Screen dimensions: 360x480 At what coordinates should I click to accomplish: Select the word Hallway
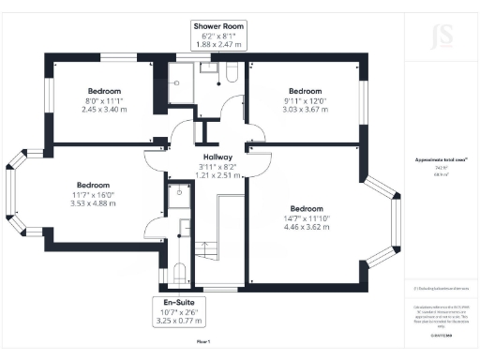tap(217, 157)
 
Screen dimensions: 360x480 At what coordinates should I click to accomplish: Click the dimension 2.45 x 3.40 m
tap(104, 109)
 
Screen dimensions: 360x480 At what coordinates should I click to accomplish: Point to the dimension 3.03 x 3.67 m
tap(304, 109)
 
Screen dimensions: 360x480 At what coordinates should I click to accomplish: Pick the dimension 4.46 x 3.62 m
tap(308, 226)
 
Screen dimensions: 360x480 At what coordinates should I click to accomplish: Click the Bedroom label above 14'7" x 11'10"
tap(307, 208)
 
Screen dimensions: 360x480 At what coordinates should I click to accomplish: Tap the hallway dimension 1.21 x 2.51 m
tap(217, 174)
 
